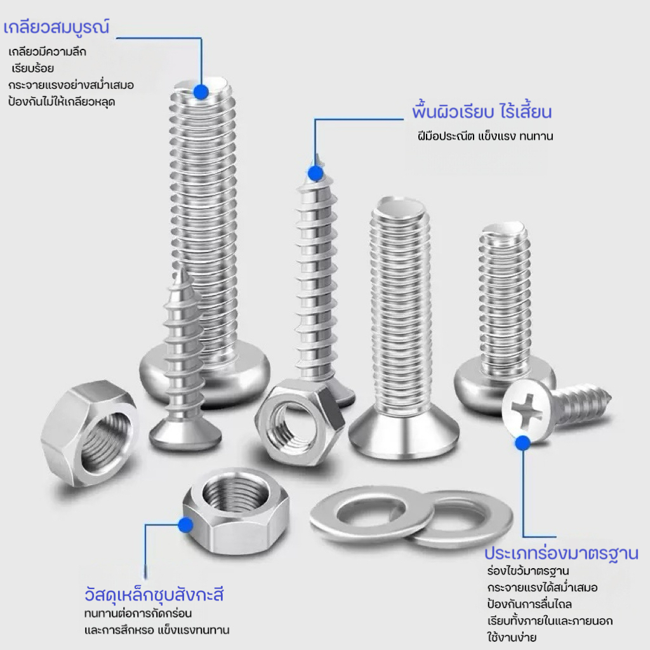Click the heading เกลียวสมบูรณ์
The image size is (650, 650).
click(56, 27)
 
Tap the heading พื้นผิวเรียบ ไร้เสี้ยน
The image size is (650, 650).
click(482, 112)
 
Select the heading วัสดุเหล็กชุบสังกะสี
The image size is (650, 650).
click(154, 594)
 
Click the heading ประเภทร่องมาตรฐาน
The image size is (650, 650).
click(561, 554)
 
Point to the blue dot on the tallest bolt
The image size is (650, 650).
click(201, 91)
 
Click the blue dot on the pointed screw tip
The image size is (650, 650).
click(316, 173)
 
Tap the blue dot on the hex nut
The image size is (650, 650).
click(186, 525)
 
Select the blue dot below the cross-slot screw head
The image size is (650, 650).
click(523, 443)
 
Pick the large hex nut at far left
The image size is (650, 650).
click(90, 432)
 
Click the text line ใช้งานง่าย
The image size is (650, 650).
click(512, 637)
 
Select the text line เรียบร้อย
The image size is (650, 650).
click(33, 69)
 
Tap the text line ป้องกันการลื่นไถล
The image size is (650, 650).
click(529, 604)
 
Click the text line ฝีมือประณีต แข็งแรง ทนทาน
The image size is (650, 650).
click(485, 136)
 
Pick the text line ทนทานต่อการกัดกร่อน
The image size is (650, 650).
click(138, 613)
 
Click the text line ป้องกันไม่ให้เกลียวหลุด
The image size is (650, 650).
click(62, 102)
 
